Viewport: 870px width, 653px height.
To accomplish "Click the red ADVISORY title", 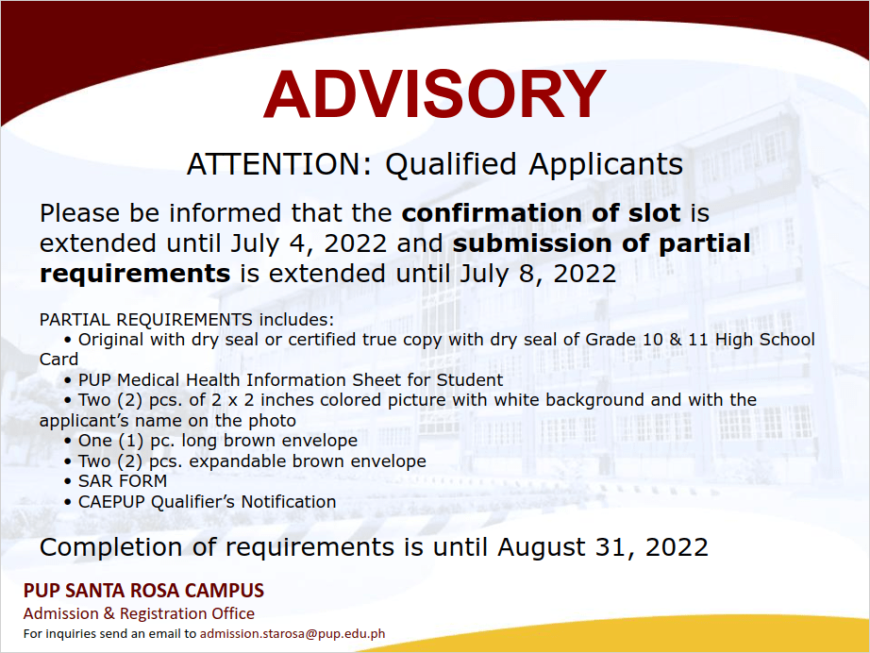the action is coord(434,93).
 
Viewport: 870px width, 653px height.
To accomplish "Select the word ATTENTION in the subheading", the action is coord(274,164).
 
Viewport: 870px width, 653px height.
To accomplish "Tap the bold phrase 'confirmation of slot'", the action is coord(541,213).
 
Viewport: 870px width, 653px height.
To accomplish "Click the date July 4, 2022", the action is coord(309,243).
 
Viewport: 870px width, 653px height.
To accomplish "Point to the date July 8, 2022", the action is coord(538,274).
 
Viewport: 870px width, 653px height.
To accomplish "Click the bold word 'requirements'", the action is coord(135,274).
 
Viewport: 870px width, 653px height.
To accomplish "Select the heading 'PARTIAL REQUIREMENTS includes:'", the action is coord(187,320).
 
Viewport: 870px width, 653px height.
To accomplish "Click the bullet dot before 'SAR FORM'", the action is coord(68,481).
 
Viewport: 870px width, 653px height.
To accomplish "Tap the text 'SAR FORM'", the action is coord(123,481).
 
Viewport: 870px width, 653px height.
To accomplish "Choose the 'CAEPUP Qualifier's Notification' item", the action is coord(207,501).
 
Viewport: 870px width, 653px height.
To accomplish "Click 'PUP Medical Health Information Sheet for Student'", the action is coord(291,380).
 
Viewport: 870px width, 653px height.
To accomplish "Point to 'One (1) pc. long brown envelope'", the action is coord(218,441).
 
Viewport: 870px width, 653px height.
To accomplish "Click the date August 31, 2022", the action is coord(603,547).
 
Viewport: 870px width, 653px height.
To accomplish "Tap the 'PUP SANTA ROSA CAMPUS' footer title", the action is coord(143,591).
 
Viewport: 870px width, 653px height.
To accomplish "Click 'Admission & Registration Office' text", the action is coord(139,613).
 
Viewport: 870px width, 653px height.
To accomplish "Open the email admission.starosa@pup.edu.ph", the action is coord(293,633).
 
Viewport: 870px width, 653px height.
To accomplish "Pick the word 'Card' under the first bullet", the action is coord(59,360).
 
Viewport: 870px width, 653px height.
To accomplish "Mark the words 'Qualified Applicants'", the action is coord(534,164).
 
